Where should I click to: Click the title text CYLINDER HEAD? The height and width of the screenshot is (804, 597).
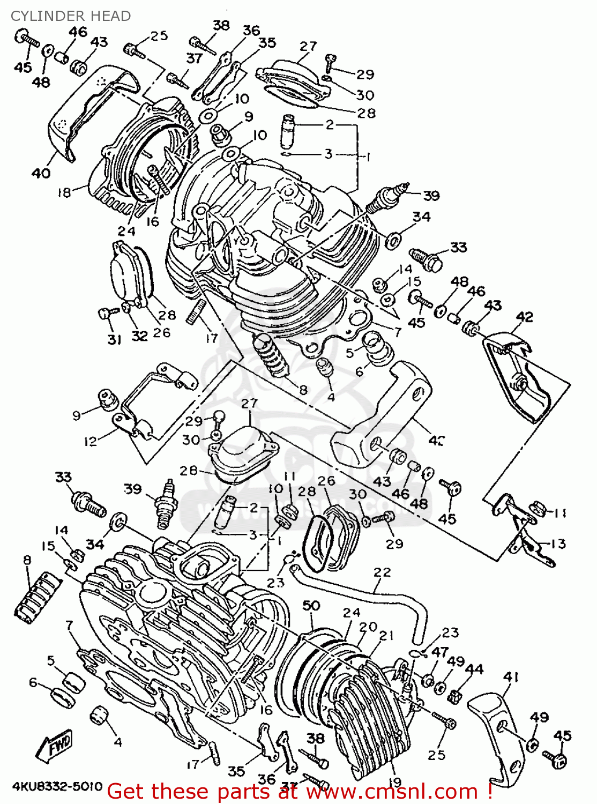click(x=71, y=16)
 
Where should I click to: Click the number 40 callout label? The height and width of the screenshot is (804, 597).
click(x=41, y=173)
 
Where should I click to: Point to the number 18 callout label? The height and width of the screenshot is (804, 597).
click(x=64, y=192)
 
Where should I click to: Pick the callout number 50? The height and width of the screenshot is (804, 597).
click(x=311, y=606)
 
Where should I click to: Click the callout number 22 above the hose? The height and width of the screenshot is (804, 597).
click(x=382, y=572)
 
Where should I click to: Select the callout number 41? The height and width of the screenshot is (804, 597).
click(x=511, y=677)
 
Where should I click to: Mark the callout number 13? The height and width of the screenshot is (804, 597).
click(x=558, y=544)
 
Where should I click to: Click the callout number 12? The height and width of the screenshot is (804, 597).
click(x=90, y=441)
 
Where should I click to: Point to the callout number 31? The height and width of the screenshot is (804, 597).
click(x=114, y=339)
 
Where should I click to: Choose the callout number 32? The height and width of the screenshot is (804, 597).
click(x=139, y=336)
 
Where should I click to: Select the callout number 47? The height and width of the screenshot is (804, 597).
click(x=439, y=652)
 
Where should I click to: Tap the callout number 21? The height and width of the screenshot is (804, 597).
click(x=386, y=636)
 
